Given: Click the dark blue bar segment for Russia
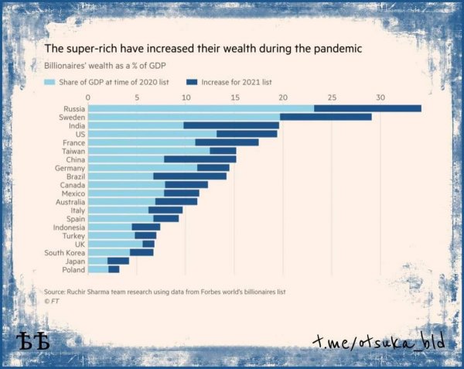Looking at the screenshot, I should click(367, 108).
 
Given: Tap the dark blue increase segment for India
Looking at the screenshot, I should click(231, 125).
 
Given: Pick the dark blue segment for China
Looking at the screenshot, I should click(200, 159).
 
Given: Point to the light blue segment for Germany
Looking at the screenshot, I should click(142, 168).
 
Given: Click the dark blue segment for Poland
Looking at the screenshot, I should click(114, 269).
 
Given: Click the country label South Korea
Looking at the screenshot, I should click(64, 252).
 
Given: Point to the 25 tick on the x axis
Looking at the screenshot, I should click(332, 97).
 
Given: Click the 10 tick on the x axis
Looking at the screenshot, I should click(186, 97).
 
